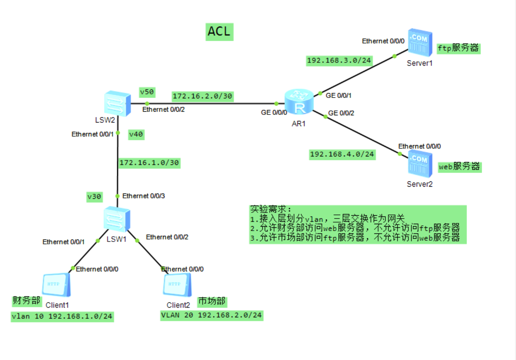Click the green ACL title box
(x=219, y=31)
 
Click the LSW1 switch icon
(x=117, y=219)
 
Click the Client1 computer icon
(x=57, y=285)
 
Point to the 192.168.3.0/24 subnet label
(x=339, y=60)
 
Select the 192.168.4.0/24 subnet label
(x=343, y=154)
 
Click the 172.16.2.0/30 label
(x=202, y=96)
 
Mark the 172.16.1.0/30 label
(x=149, y=162)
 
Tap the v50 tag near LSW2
(x=147, y=92)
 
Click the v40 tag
(x=136, y=135)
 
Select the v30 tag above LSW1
(x=94, y=197)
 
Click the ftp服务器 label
(x=458, y=48)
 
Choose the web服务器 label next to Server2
(x=460, y=166)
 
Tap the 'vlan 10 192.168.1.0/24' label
(x=62, y=316)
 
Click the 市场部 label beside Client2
(x=212, y=301)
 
